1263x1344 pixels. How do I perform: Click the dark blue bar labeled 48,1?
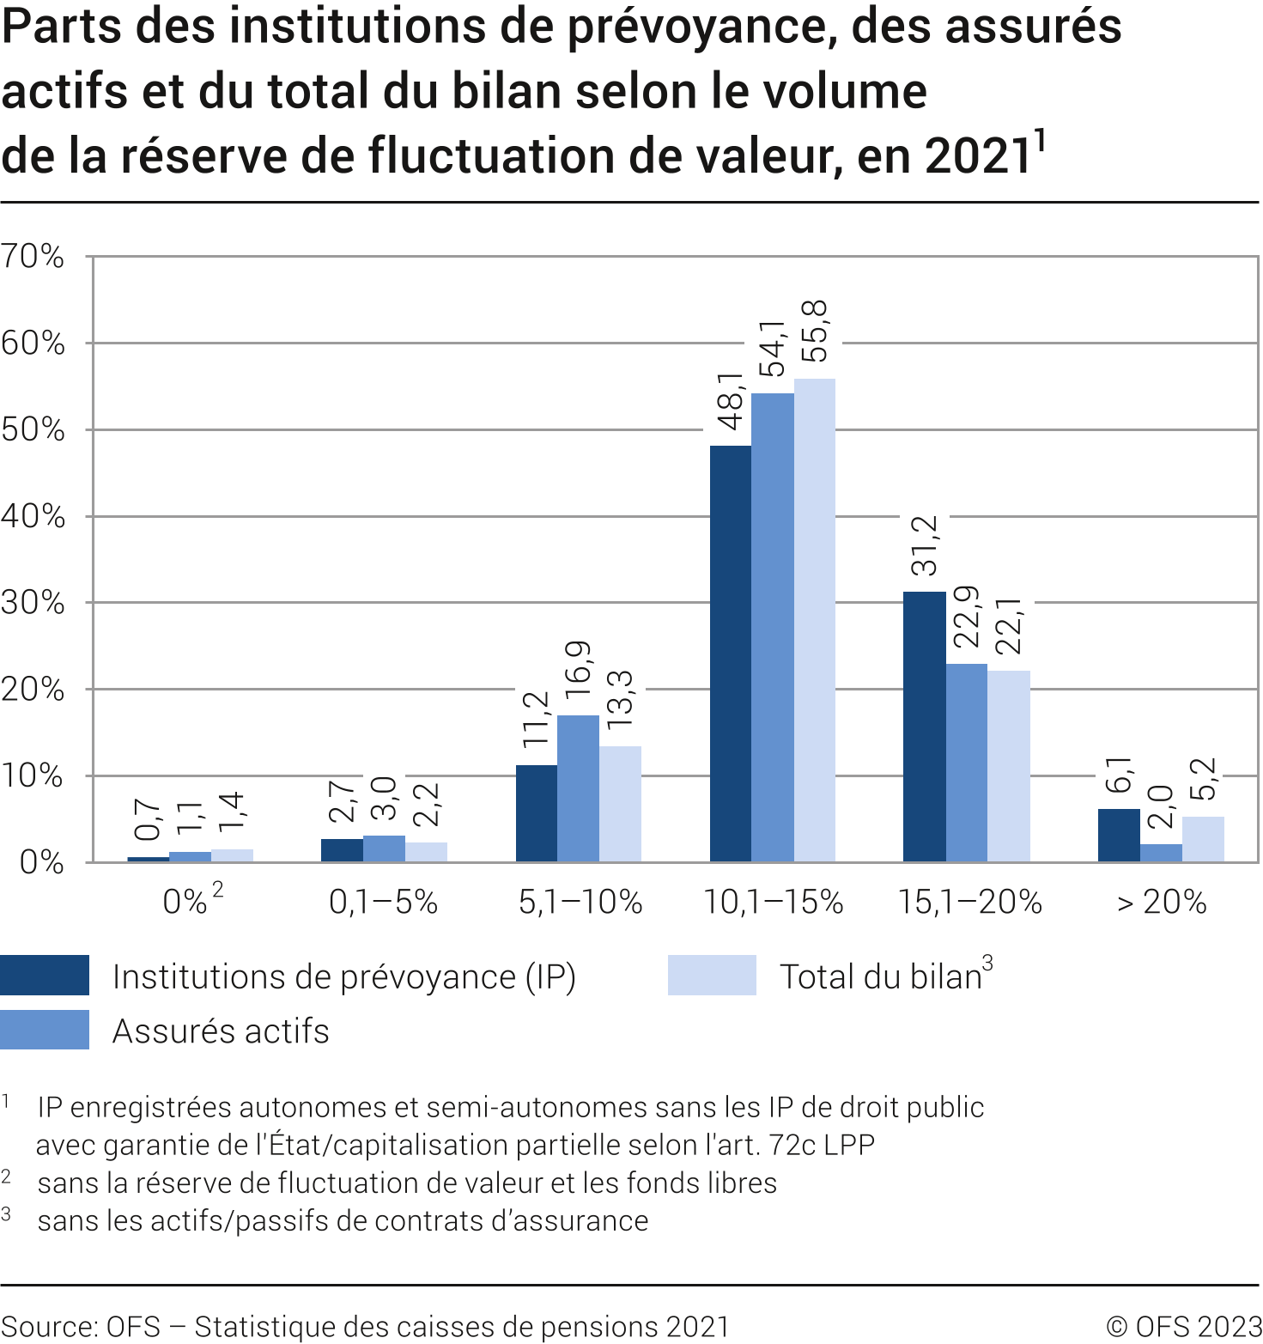(x=731, y=653)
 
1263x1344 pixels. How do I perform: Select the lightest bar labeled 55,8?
(x=815, y=620)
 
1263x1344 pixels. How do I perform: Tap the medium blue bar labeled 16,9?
(x=578, y=788)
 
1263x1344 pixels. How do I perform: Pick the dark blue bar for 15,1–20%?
(x=925, y=727)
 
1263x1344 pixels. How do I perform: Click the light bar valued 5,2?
(x=1203, y=839)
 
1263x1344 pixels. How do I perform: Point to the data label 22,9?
(x=967, y=617)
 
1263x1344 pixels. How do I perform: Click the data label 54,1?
(x=773, y=348)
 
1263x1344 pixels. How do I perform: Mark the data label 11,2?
(x=536, y=718)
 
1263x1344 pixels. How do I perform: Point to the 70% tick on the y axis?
(x=33, y=256)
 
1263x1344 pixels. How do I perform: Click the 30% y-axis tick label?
(x=33, y=603)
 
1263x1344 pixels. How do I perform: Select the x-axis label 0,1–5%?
(x=383, y=902)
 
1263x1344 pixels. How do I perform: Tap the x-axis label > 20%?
(x=1161, y=902)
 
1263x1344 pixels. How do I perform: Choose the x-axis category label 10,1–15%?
(x=773, y=902)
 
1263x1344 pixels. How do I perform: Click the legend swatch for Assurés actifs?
(x=45, y=1029)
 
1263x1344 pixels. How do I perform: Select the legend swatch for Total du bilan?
(x=712, y=975)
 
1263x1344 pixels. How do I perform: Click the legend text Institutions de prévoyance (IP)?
(x=343, y=977)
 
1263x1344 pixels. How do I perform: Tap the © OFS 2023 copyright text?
(x=1183, y=1327)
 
